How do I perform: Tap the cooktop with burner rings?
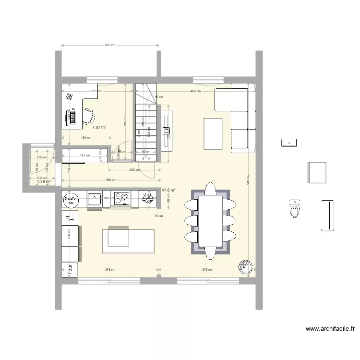coord(123,198)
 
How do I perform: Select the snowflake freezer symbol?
coord(149,198)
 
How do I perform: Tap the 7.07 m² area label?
coord(99,127)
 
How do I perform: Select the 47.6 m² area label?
coord(168,190)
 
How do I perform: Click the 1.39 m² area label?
coord(44,182)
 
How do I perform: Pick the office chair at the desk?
coord(89,115)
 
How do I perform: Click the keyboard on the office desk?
coord(72,117)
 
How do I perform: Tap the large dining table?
coord(211,220)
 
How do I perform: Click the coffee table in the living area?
coord(214,133)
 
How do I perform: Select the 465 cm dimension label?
coord(195,91)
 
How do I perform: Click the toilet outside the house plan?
coord(294,209)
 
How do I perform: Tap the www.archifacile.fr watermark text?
coord(330,329)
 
